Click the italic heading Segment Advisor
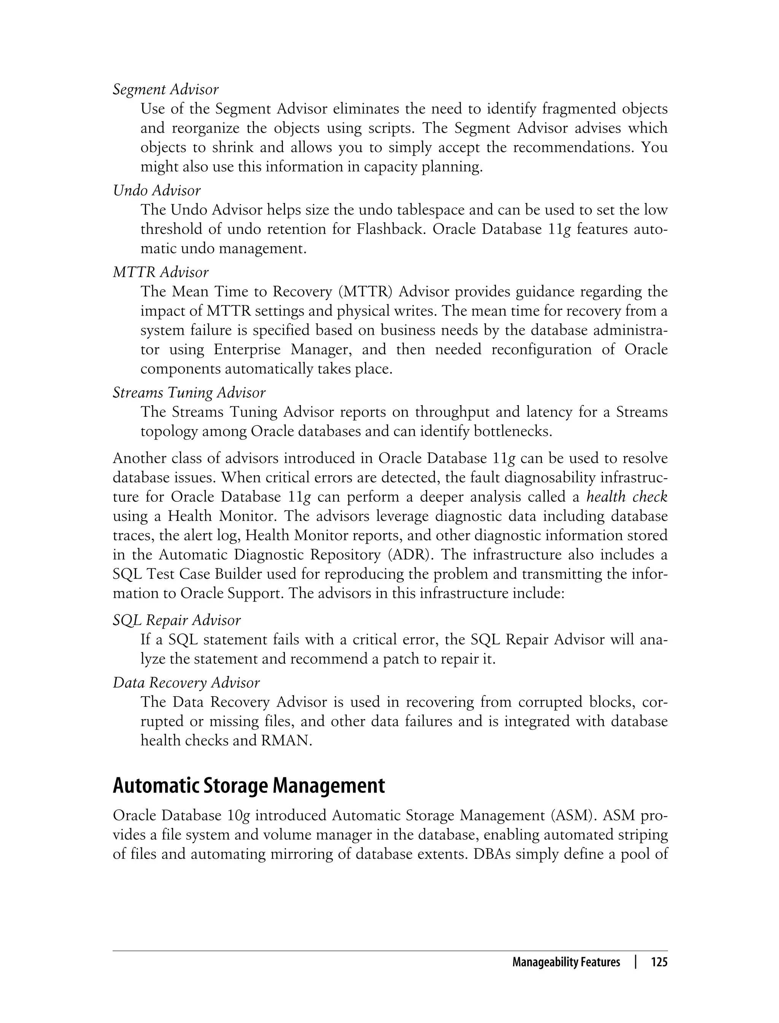(165, 89)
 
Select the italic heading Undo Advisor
(157, 191)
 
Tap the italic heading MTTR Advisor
(161, 272)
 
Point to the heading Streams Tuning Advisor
(189, 393)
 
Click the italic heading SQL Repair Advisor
(176, 620)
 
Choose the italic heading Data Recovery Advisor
(186, 683)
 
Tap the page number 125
(659, 962)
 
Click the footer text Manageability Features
(566, 962)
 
